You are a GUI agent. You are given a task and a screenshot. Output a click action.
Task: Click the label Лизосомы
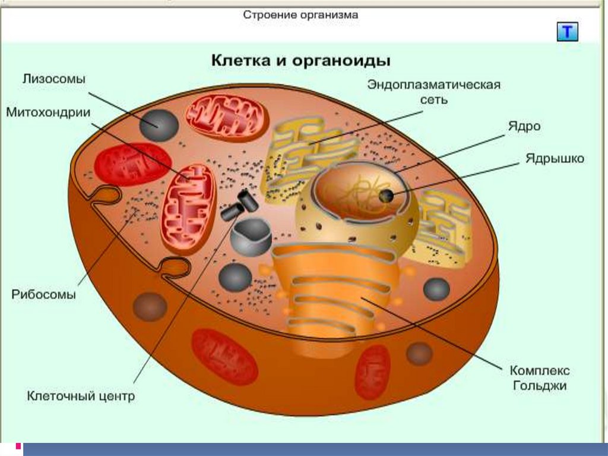pos(53,79)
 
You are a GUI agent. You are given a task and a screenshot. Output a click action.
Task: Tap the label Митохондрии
pos(48,112)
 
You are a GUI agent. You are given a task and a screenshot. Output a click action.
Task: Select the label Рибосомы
pos(43,294)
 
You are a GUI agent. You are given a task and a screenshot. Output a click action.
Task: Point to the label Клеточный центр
pos(81,396)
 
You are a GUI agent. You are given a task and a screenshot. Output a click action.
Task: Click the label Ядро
pos(524,127)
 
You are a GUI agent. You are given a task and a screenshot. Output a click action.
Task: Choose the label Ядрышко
pos(555,159)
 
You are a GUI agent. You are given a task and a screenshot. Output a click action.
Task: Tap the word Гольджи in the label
pos(539,386)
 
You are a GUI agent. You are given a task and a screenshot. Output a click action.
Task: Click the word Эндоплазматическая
pos(434,84)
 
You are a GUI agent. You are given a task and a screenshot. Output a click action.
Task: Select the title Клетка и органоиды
pos(301,61)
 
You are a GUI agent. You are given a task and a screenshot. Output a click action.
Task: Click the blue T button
pos(567,32)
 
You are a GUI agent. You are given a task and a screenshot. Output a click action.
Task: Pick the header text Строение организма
pos(300,15)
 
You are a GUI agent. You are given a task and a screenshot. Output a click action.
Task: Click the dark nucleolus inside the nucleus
pos(386,196)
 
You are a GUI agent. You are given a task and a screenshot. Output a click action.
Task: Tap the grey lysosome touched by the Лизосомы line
pos(159,125)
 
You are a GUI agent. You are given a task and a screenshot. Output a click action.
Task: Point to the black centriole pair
pos(240,205)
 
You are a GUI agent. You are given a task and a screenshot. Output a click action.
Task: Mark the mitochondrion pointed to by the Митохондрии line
pos(189,209)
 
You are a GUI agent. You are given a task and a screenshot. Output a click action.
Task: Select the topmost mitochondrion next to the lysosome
pos(227,118)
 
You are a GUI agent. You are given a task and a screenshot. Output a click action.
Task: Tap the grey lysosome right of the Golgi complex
pos(436,290)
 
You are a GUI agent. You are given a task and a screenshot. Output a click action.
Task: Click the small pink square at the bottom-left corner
pos(18,446)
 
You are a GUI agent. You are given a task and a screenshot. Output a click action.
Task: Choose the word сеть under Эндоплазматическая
pos(434,100)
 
